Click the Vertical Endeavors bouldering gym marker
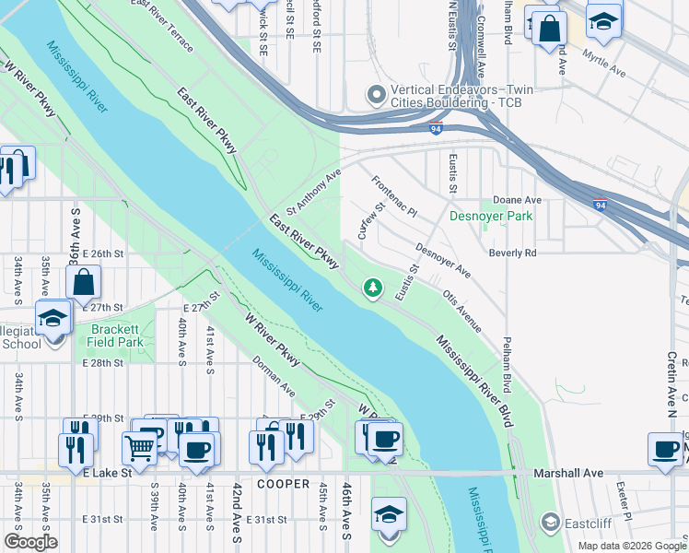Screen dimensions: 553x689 tap(376, 95)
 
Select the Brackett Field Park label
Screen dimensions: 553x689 tap(116, 335)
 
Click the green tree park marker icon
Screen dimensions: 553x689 tap(373, 288)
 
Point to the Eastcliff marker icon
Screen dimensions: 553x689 tap(550, 523)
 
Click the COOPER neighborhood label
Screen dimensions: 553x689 tap(283, 484)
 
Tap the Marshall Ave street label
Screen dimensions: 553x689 tap(568, 473)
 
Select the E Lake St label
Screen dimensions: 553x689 tap(108, 473)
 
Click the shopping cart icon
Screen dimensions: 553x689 tap(140, 448)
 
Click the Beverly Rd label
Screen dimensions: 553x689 tap(512, 253)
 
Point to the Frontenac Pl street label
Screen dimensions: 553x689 tap(393, 196)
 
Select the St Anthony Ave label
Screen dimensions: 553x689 tap(314, 188)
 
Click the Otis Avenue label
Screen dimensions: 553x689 tap(461, 310)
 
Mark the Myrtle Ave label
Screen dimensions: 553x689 tap(603, 63)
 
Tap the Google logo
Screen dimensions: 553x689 tap(30, 541)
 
